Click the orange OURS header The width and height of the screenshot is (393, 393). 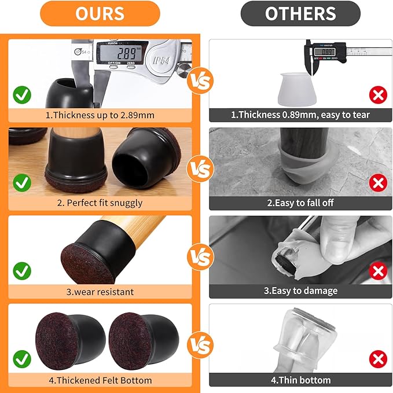(100, 13)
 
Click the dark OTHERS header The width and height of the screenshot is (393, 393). (300, 13)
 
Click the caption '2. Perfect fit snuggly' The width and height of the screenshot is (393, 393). (100, 203)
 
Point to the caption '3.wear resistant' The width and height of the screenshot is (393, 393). (100, 291)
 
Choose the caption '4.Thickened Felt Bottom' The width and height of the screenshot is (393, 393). (100, 380)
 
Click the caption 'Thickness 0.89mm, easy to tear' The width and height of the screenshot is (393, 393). (300, 115)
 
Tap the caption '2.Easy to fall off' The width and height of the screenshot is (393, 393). (300, 203)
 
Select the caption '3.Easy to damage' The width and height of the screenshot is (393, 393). (300, 291)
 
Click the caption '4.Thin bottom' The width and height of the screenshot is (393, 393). (300, 380)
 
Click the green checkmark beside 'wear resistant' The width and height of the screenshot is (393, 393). (22, 270)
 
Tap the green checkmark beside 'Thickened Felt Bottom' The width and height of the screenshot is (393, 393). (22, 358)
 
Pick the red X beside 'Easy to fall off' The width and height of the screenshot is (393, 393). (378, 183)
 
